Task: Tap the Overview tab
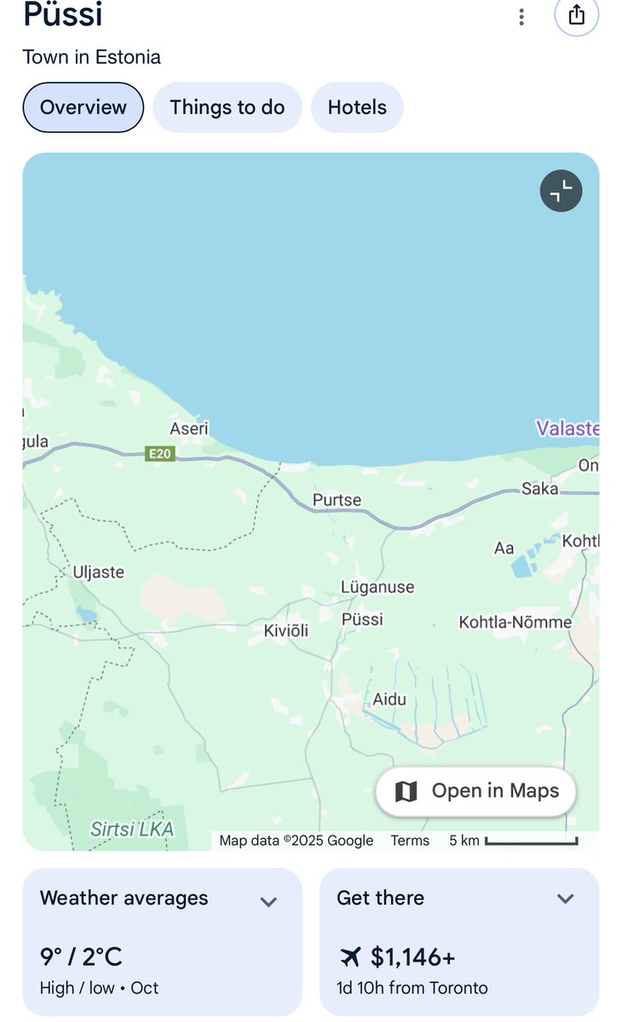[x=83, y=107]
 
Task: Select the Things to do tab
[x=227, y=107]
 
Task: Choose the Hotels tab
[x=357, y=107]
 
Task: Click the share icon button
[x=576, y=15]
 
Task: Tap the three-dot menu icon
[x=521, y=16]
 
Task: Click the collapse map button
[x=561, y=192]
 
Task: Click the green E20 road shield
[x=159, y=454]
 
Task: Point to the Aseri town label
[x=189, y=428]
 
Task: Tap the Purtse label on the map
[x=337, y=500]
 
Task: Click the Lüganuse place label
[x=377, y=587]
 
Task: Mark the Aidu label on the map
[x=389, y=699]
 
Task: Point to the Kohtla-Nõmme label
[x=515, y=622]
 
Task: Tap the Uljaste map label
[x=99, y=571]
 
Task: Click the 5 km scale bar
[x=531, y=841]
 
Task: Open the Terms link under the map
[x=410, y=841]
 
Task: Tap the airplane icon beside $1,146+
[x=349, y=957]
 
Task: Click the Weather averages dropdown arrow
[x=268, y=901]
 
